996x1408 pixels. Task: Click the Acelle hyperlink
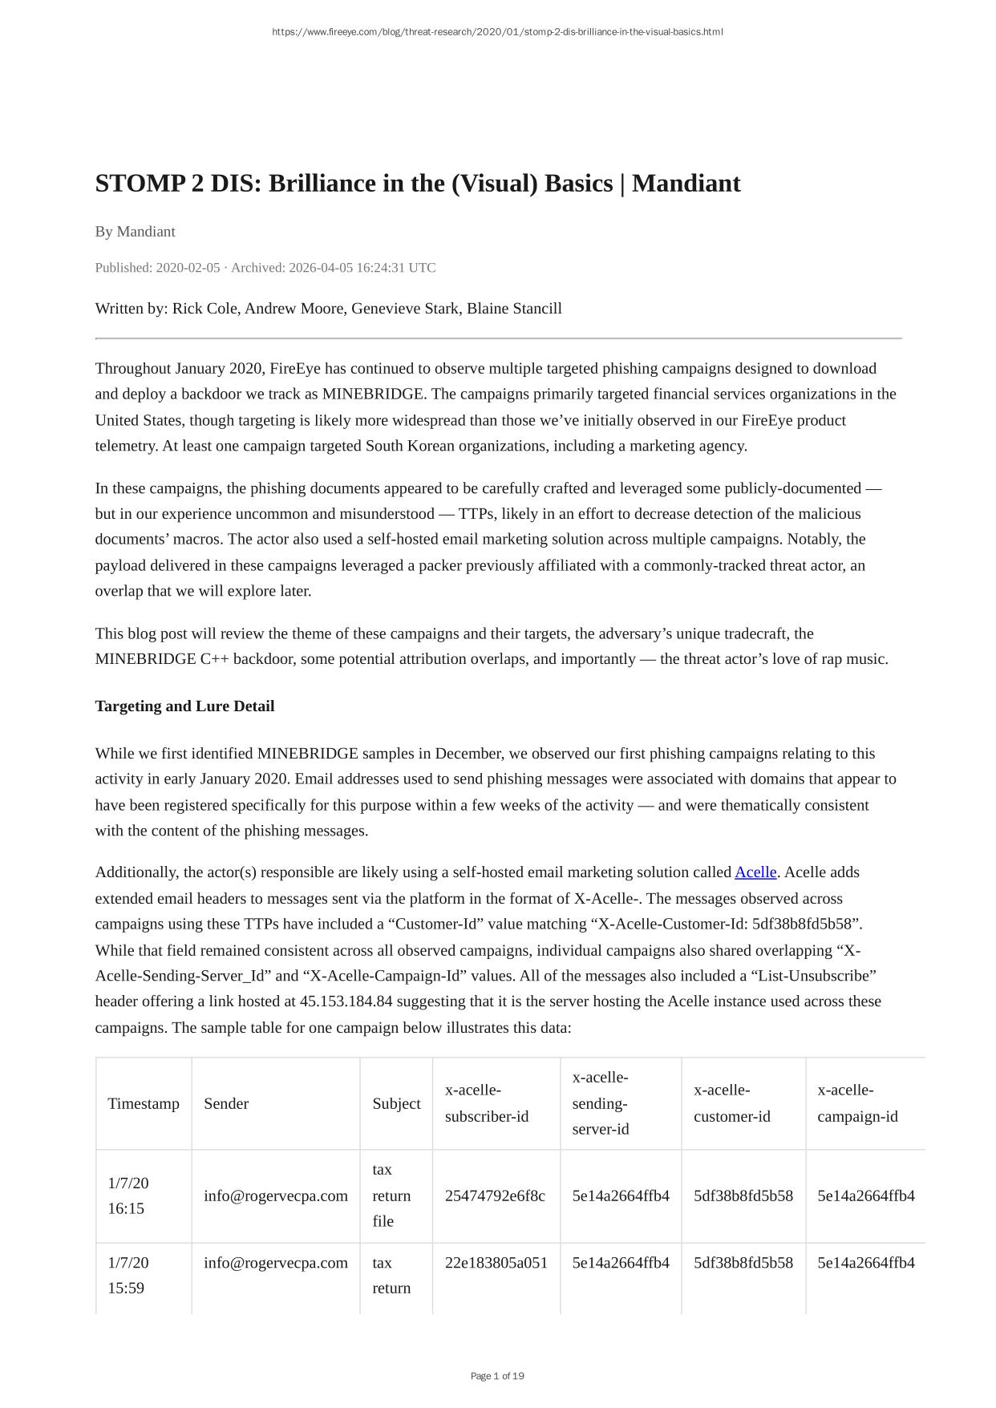point(755,872)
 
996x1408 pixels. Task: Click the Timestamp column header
point(144,1103)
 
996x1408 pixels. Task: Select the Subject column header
point(396,1103)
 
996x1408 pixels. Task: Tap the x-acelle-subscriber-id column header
point(487,1103)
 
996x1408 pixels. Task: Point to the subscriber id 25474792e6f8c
point(495,1196)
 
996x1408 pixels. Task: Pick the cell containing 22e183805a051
point(496,1263)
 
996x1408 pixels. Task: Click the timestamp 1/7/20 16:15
point(128,1196)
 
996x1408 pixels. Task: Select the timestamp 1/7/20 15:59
point(128,1275)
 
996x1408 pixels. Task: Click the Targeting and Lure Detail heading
point(184,706)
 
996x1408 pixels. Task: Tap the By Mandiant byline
point(135,232)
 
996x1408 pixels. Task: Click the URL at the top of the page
point(497,32)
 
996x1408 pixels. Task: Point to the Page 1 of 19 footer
point(497,1376)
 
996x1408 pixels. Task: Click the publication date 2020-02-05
point(188,268)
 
